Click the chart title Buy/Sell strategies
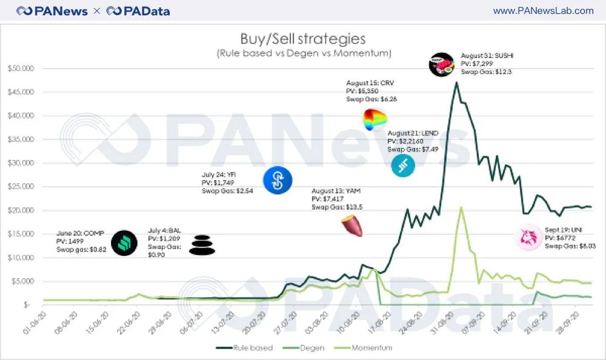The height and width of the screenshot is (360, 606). (303, 39)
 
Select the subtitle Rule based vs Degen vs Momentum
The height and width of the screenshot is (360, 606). (303, 53)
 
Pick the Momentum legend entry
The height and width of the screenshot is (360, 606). (370, 348)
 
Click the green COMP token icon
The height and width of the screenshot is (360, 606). (124, 243)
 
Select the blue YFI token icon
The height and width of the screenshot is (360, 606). (278, 180)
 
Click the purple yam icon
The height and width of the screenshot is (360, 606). (351, 227)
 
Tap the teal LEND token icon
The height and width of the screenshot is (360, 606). (402, 165)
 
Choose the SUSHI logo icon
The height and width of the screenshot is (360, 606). (441, 65)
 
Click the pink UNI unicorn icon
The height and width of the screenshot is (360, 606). (528, 237)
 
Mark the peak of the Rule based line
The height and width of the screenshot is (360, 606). (456, 82)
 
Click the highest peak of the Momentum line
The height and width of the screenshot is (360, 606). (461, 207)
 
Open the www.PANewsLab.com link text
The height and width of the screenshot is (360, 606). (543, 11)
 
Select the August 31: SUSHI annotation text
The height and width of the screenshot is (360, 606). (487, 55)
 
